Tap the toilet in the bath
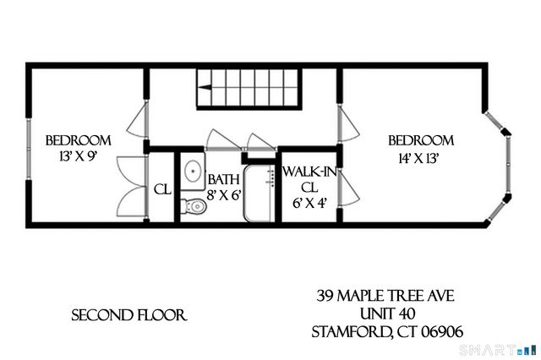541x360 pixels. click(x=194, y=204)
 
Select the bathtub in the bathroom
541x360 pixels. click(x=260, y=194)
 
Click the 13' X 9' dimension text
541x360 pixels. click(x=78, y=157)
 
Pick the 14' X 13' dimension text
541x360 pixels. click(x=419, y=157)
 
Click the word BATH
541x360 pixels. click(x=224, y=179)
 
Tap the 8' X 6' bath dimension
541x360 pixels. click(x=224, y=194)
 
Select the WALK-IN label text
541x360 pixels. click(x=309, y=172)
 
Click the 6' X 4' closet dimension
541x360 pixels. click(x=309, y=203)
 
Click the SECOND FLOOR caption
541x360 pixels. click(x=128, y=315)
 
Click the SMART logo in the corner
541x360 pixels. click(x=505, y=348)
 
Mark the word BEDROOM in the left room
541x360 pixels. click(x=79, y=140)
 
